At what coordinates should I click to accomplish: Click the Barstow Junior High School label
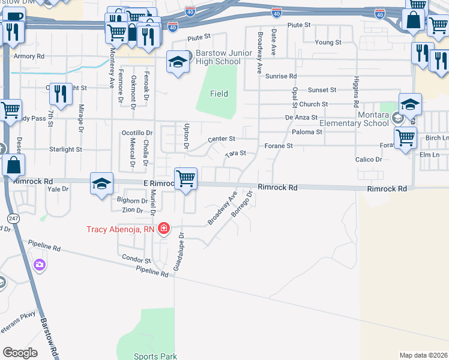[218, 57]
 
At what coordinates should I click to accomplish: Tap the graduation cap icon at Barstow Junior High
[178, 62]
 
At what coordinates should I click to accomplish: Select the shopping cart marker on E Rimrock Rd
[186, 178]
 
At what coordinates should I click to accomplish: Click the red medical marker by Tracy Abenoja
[163, 229]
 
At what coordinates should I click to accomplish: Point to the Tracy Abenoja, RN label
[120, 229]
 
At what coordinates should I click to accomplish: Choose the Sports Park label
[155, 356]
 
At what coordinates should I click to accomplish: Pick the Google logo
[20, 353]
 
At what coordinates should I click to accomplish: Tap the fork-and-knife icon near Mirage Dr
[61, 94]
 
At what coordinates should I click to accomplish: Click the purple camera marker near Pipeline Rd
[40, 264]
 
